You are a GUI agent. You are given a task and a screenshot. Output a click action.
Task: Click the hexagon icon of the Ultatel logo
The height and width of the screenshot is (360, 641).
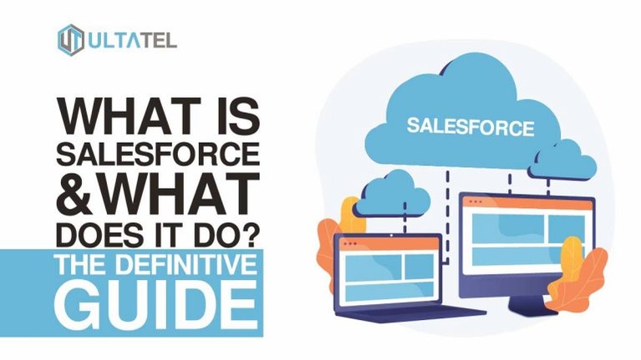click(71, 39)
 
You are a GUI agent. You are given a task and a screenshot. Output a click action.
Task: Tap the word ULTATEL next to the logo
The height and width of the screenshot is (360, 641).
click(132, 40)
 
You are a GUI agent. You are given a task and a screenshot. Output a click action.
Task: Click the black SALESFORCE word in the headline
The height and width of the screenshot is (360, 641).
click(158, 154)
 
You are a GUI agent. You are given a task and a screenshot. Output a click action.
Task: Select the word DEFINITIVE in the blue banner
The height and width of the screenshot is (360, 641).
click(186, 265)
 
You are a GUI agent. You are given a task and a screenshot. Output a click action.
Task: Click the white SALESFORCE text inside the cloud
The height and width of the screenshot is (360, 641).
click(471, 126)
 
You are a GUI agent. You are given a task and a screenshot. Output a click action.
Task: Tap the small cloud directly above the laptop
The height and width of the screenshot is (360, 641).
click(392, 195)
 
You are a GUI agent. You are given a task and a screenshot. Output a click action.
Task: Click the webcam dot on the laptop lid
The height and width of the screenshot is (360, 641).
click(392, 236)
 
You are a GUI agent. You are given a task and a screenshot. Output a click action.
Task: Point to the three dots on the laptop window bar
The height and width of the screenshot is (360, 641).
click(350, 244)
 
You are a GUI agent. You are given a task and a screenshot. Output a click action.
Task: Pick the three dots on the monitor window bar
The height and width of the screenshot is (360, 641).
click(476, 202)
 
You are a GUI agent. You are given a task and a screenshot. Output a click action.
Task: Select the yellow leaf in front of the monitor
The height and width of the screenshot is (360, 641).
click(572, 258)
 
